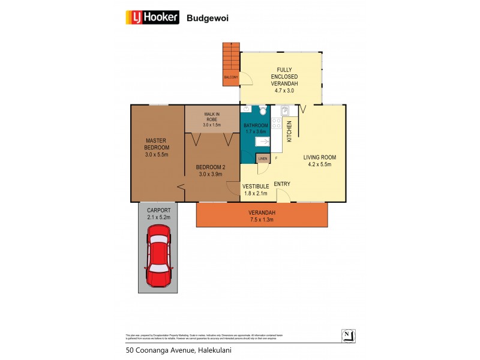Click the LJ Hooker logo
pyautogui.click(x=152, y=17)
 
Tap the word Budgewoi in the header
pyautogui.click(x=208, y=18)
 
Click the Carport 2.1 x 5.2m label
pyautogui.click(x=159, y=214)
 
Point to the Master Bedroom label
pyautogui.click(x=157, y=148)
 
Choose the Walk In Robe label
pyautogui.click(x=212, y=119)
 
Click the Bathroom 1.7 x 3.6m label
pyautogui.click(x=255, y=128)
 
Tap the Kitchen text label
pyautogui.click(x=289, y=131)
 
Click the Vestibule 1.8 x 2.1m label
pyautogui.click(x=255, y=190)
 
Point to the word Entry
pyautogui.click(x=282, y=184)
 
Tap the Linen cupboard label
pyautogui.click(x=262, y=158)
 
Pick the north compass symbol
pyautogui.click(x=347, y=335)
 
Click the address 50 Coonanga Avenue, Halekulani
pyautogui.click(x=178, y=350)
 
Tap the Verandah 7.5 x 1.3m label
pyautogui.click(x=262, y=216)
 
